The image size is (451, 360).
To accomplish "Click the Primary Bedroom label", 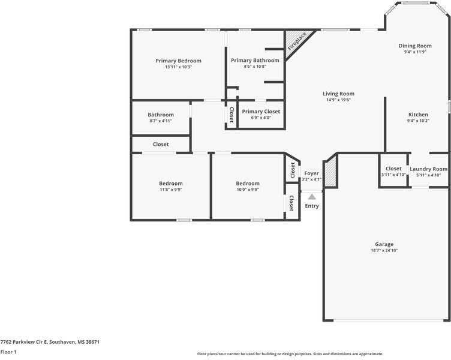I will [178, 61].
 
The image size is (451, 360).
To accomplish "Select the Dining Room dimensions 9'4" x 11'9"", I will [415, 52].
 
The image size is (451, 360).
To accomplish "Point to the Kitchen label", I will [418, 115].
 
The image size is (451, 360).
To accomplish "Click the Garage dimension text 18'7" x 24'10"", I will [384, 250].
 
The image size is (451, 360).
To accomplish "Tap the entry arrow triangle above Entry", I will [312, 196].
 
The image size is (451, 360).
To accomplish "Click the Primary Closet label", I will [261, 112].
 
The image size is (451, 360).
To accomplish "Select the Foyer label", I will [311, 173].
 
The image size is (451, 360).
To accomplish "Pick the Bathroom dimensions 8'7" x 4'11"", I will [161, 121].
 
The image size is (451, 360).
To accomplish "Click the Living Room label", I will [338, 94].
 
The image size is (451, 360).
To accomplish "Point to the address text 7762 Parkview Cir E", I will [50, 342].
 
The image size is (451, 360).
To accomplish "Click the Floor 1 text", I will [8, 352].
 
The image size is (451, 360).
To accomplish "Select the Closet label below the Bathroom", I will [161, 144].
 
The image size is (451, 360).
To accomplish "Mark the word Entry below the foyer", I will [312, 206].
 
